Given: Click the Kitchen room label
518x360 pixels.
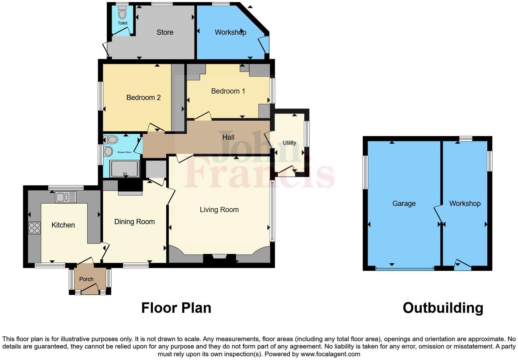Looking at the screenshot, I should [x=63, y=225].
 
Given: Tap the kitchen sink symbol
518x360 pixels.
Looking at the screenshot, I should [x=66, y=197].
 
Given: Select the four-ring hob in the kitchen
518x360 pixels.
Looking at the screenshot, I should [x=34, y=228].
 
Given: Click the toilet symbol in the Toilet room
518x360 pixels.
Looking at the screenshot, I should [x=122, y=13].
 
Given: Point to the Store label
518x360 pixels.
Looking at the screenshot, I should [x=165, y=32].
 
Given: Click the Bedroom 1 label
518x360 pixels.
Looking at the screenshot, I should [x=228, y=91].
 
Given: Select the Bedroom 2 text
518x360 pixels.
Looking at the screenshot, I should [x=143, y=97].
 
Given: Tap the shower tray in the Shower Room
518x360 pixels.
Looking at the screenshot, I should [x=124, y=168].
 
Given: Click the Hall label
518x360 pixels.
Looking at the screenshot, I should [x=228, y=137].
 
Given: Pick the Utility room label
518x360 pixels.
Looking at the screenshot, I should [x=289, y=143].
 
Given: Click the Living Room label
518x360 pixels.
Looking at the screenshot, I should [x=219, y=210].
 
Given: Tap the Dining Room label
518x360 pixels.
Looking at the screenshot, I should [x=135, y=222].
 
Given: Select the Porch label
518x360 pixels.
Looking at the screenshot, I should [x=86, y=279].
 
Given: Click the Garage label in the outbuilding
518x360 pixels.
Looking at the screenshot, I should [x=404, y=204].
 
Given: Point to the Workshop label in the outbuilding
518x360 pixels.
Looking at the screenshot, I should [x=465, y=204].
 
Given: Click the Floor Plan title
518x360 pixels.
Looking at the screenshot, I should [x=176, y=308].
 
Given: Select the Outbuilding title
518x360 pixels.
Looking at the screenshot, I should [x=443, y=308].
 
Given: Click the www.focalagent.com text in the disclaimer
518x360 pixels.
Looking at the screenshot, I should [x=330, y=354].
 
